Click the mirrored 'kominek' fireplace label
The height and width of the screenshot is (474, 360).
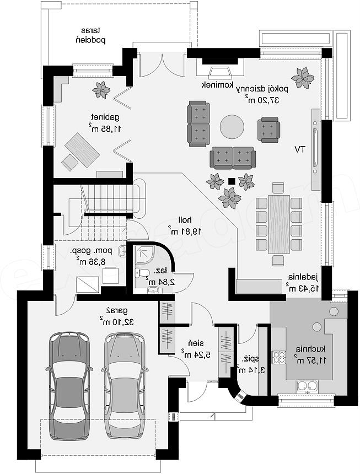click(218, 85)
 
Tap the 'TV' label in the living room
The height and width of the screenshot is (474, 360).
click(300, 149)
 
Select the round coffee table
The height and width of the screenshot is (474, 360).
click(232, 126)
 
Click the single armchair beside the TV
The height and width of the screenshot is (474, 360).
click(268, 130)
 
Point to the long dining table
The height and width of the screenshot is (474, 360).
click(279, 224)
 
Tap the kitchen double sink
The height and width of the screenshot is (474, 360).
click(308, 386)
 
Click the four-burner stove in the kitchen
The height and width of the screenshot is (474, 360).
click(279, 357)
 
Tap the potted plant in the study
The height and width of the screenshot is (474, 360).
click(101, 90)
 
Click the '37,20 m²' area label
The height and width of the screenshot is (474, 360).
click(262, 100)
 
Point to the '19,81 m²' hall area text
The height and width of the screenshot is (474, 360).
click(185, 231)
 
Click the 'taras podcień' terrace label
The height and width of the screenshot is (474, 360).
click(90, 35)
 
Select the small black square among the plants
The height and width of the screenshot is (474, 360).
click(232, 181)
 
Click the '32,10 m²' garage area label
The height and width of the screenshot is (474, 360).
click(117, 321)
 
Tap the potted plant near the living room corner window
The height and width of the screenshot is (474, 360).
click(303, 78)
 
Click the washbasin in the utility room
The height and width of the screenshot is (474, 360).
click(122, 251)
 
